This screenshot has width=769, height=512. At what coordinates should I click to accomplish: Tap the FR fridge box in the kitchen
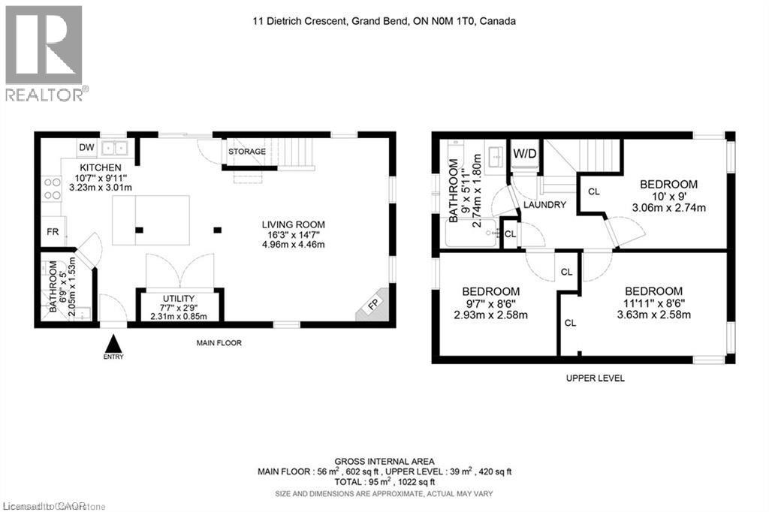tap(53, 231)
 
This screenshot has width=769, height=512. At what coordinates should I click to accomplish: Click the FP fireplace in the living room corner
tap(373, 305)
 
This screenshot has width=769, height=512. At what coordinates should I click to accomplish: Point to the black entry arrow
tap(113, 344)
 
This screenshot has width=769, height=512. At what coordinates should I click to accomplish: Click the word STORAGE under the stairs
tap(247, 152)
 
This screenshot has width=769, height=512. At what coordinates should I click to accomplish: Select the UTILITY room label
tap(178, 299)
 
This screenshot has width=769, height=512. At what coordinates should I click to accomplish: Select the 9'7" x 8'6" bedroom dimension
tap(490, 303)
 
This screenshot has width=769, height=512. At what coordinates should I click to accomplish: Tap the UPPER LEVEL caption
tap(595, 378)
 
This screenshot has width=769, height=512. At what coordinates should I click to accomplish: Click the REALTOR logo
tap(44, 53)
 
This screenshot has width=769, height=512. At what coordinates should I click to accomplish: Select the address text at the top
tap(384, 22)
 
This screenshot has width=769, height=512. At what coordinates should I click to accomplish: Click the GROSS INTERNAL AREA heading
tap(384, 461)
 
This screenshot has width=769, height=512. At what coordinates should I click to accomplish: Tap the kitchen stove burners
tap(51, 188)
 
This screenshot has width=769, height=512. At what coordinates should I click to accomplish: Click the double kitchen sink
tap(116, 148)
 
